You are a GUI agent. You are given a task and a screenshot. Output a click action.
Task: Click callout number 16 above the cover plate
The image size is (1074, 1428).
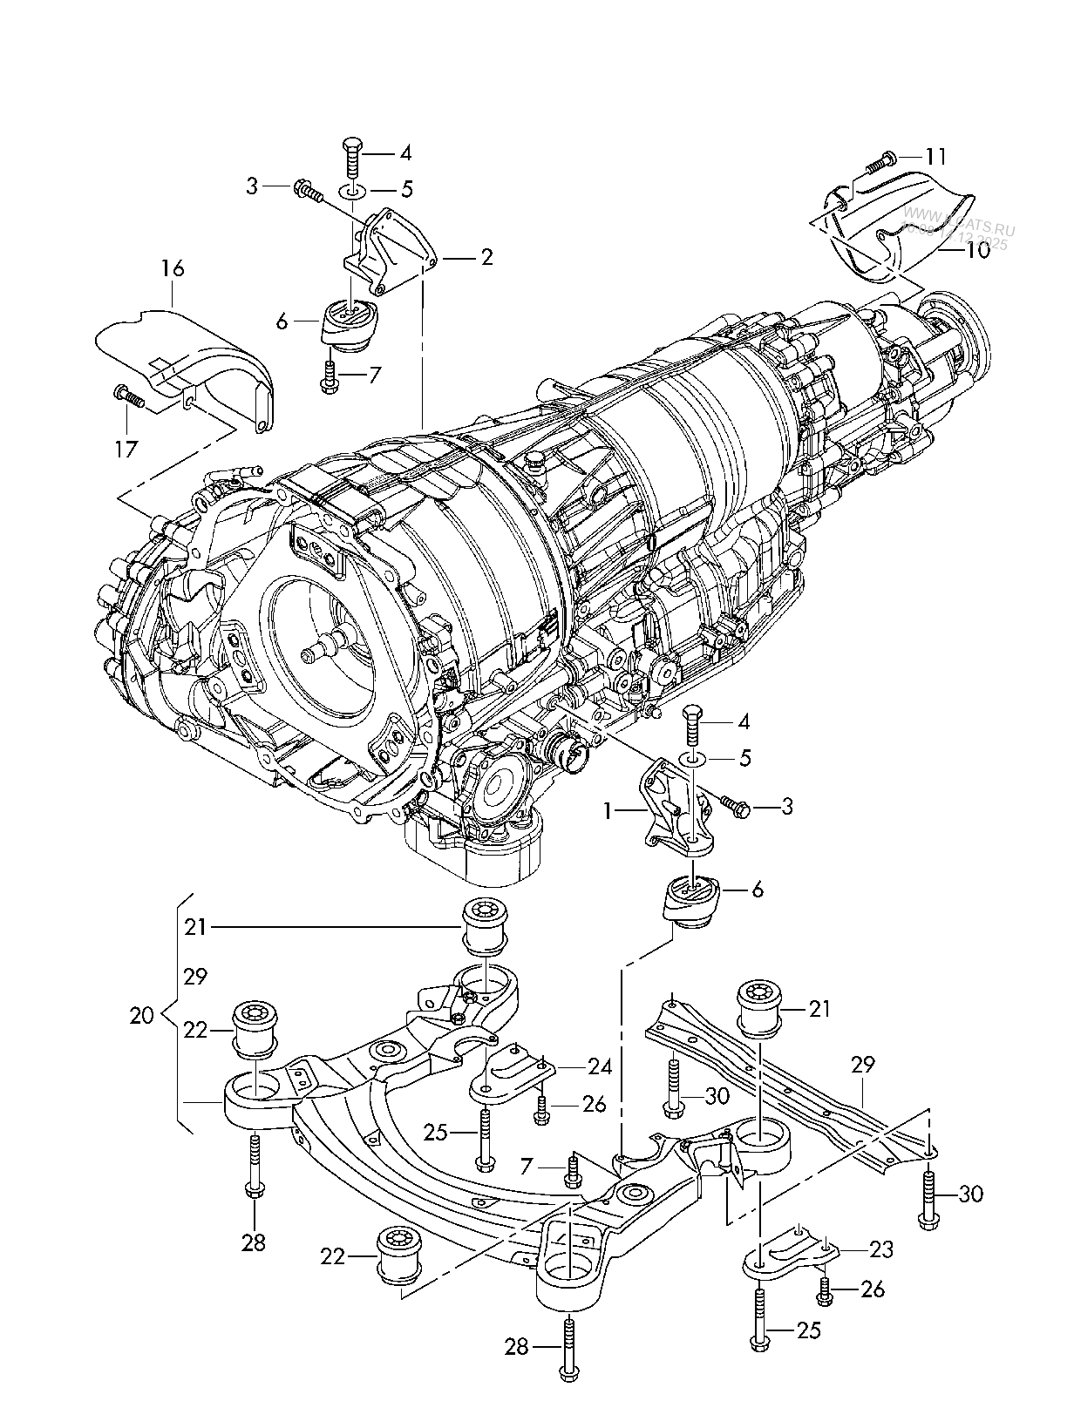pyautogui.click(x=173, y=268)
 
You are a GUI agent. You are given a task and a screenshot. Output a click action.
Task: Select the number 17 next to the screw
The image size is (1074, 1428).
pyautogui.click(x=126, y=449)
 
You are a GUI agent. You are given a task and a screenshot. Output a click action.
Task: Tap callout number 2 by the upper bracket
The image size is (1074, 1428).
pyautogui.click(x=486, y=257)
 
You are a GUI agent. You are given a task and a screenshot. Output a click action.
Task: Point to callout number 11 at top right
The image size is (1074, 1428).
pyautogui.click(x=935, y=157)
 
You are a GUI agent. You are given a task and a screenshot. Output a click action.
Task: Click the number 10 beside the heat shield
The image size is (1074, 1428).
pyautogui.click(x=978, y=250)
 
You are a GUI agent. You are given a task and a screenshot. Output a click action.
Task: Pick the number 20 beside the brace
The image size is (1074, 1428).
pyautogui.click(x=142, y=1015)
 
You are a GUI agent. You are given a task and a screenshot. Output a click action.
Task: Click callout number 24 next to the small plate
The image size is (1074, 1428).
pyautogui.click(x=600, y=1066)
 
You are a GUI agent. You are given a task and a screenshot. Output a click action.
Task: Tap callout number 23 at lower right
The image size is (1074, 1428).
pyautogui.click(x=881, y=1249)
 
